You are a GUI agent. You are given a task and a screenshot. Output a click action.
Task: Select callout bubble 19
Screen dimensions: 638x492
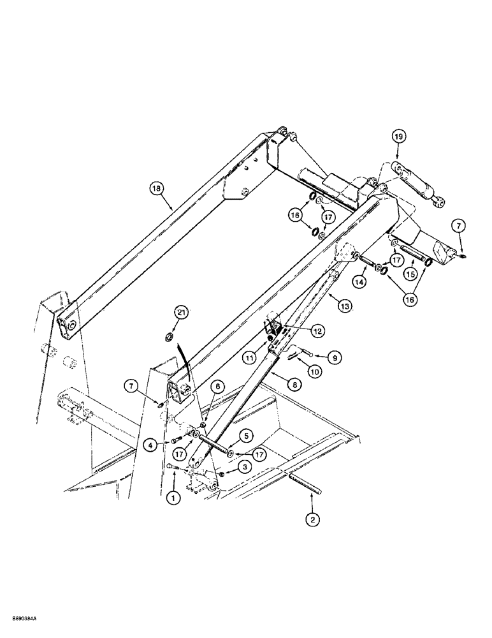coord(397,137)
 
